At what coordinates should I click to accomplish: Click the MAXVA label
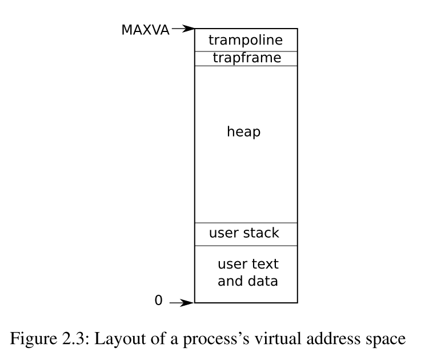click(145, 30)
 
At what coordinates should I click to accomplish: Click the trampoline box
click(246, 40)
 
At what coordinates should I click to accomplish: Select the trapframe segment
click(246, 58)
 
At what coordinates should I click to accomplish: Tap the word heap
click(244, 132)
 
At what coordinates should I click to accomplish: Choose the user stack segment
click(244, 233)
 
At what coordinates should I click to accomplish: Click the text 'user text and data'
click(247, 273)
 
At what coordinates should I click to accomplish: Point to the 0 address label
click(158, 300)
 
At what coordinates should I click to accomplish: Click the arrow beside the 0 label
click(182, 302)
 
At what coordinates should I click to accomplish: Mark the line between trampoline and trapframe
click(246, 51)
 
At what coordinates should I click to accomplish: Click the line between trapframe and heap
click(246, 66)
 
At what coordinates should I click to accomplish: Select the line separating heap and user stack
click(246, 223)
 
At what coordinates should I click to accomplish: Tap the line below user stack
click(246, 246)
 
